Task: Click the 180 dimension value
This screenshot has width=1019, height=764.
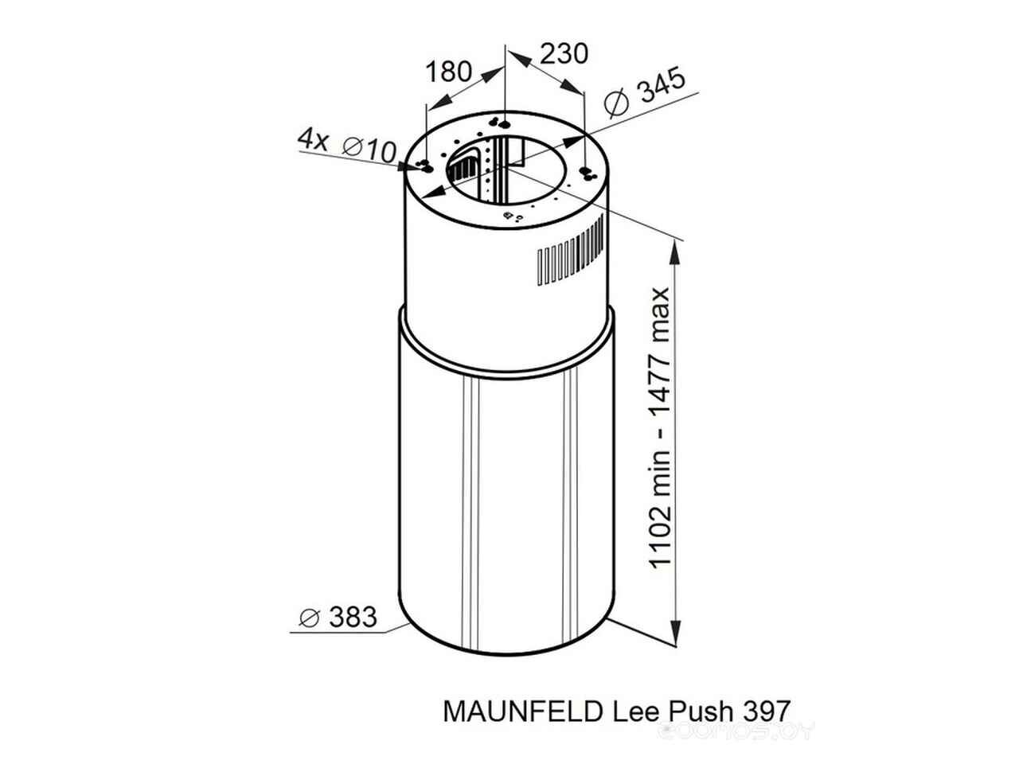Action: (448, 72)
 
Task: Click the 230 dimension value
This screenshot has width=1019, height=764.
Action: (564, 54)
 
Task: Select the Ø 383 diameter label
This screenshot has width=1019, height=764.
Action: (338, 617)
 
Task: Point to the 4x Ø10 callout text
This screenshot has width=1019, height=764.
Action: (347, 146)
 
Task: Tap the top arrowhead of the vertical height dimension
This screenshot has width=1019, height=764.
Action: (675, 254)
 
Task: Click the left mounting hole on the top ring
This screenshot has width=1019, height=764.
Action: (426, 170)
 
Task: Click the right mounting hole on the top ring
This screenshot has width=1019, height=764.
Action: (584, 171)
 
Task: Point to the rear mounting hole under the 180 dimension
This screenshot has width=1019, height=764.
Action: (505, 124)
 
